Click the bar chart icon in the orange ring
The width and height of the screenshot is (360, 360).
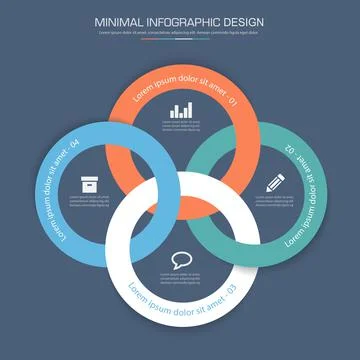tap(181, 110)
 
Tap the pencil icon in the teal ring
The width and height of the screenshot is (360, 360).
tap(273, 184)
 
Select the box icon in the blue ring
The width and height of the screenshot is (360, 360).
tap(88, 184)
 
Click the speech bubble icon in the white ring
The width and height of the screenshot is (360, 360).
tap(181, 260)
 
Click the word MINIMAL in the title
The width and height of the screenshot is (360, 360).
tap(119, 20)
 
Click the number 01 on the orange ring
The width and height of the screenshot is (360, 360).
tap(233, 102)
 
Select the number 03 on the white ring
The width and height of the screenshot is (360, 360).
tap(228, 290)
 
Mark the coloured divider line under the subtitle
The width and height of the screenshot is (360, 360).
tap(180, 40)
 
